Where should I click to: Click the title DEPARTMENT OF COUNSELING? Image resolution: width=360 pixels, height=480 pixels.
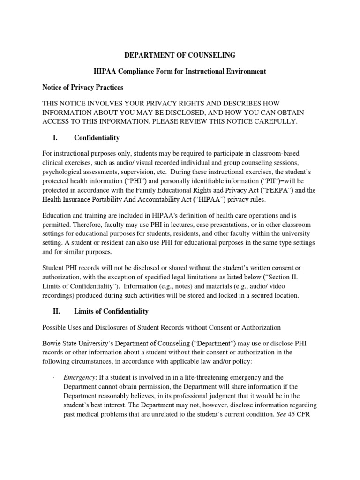click(x=180, y=55)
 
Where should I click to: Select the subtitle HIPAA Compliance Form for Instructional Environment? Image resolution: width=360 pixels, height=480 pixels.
click(x=180, y=71)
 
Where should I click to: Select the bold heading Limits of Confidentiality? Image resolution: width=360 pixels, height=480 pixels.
click(x=112, y=311)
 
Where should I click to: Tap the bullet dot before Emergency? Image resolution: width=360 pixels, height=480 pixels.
click(x=55, y=378)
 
